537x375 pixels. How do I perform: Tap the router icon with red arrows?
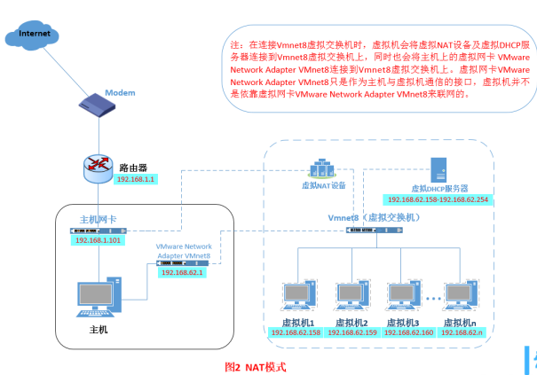98,165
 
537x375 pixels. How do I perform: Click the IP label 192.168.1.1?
136,179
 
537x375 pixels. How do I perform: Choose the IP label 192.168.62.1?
182,273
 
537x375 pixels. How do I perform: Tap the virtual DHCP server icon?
439,170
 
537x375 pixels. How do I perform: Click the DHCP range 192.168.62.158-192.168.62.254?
438,199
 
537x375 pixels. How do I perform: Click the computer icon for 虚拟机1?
297,297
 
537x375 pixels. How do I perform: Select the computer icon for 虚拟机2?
351,297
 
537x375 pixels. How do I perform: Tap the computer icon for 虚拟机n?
461,297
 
